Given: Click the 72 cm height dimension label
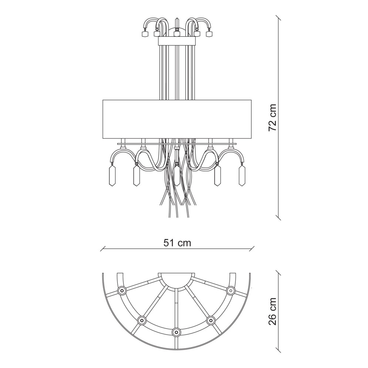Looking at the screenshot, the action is tap(273, 118).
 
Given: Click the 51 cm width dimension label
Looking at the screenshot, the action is tap(177, 243).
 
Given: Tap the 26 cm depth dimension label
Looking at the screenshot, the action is tap(273, 311).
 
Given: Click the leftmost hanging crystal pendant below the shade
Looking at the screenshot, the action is tap(113, 175).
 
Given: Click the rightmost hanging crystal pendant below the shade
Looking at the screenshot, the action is tap(242, 175).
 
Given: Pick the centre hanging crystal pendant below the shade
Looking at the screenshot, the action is tap(177, 174).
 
